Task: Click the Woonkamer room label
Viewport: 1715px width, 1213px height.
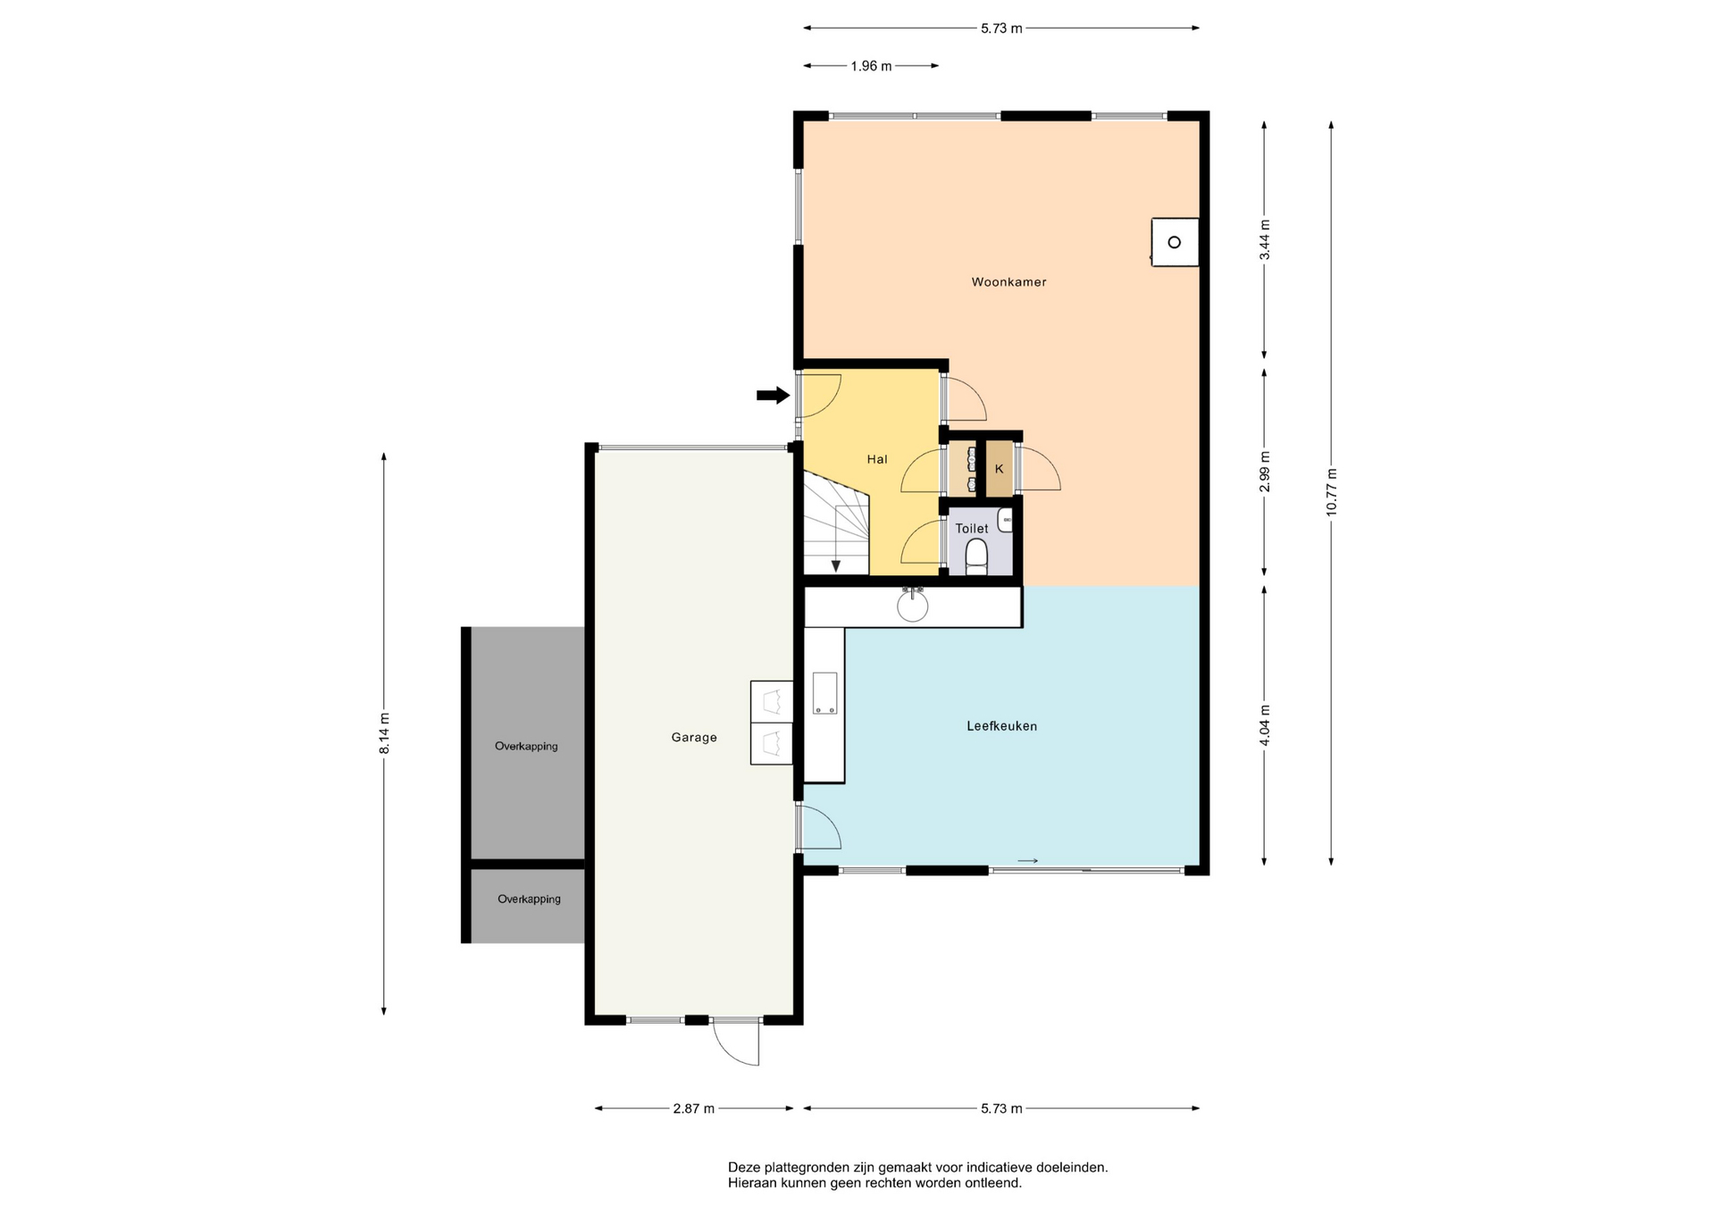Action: [x=1008, y=282]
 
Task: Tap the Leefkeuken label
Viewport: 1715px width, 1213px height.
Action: [x=1001, y=726]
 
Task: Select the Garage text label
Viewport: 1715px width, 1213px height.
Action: [x=694, y=738]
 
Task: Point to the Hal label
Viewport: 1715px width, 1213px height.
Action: [x=877, y=459]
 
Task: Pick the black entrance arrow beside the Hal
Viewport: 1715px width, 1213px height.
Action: [x=774, y=395]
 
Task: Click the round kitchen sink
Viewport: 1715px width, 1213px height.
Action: [x=913, y=606]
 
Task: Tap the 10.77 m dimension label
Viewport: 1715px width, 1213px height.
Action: [x=1331, y=492]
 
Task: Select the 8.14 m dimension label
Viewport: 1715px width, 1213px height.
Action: [x=384, y=733]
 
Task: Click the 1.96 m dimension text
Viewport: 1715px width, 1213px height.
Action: [x=871, y=66]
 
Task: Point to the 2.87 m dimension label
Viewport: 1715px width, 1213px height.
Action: [x=694, y=1108]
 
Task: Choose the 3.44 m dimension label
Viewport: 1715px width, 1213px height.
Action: [x=1264, y=240]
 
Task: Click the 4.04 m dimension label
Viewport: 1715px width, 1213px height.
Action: [x=1264, y=725]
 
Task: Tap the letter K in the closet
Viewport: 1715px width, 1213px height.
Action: [x=999, y=469]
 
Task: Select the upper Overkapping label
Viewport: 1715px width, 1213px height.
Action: [x=526, y=747]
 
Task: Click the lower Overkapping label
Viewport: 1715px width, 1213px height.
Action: [x=529, y=899]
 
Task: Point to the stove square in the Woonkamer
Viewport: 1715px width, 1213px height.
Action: [x=1175, y=242]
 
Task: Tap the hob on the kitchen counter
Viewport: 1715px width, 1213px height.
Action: [x=824, y=693]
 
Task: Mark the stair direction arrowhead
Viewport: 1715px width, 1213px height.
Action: [x=836, y=565]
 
